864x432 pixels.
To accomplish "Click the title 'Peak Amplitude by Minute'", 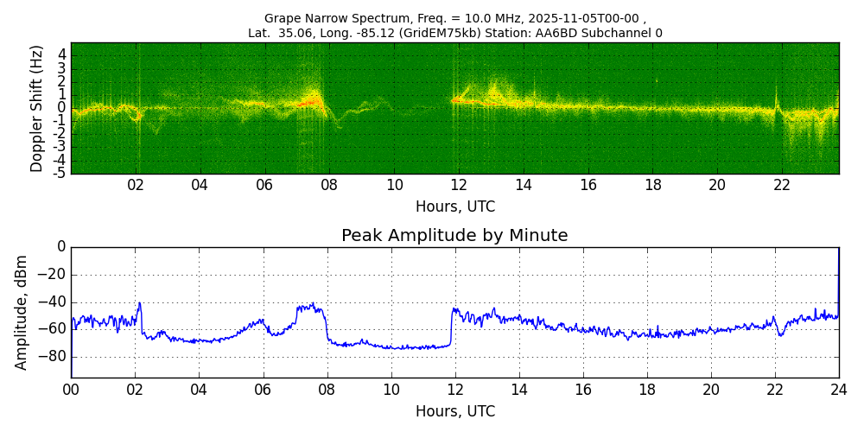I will pyautogui.click(x=454, y=236).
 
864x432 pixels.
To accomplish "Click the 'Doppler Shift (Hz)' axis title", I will pyautogui.click(x=37, y=109).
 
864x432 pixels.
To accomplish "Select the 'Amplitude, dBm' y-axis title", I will pyautogui.click(x=22, y=312).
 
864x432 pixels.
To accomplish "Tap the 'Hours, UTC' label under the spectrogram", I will pyautogui.click(x=454, y=207).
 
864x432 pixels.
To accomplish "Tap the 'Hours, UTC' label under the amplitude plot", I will pyautogui.click(x=454, y=411).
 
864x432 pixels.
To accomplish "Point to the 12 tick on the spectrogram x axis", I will pyautogui.click(x=459, y=185).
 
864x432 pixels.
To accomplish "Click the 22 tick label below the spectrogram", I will pyautogui.click(x=782, y=185).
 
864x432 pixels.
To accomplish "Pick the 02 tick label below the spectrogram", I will pyautogui.click(x=136, y=185).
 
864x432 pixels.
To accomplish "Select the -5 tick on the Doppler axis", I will pyautogui.click(x=60, y=174).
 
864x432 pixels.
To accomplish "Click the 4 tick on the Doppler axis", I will pyautogui.click(x=62, y=54).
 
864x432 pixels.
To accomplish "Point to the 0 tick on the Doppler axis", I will pyautogui.click(x=62, y=107).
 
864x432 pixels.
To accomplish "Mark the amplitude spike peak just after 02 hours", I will pyautogui.click(x=140, y=303).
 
